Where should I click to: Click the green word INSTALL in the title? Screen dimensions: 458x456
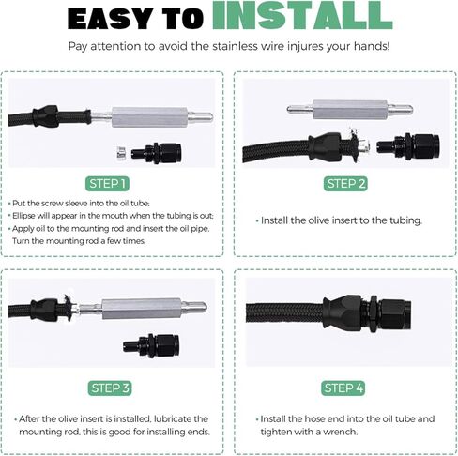(x=302, y=15)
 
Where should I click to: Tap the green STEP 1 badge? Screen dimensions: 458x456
(x=107, y=184)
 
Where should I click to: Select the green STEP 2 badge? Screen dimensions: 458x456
(x=345, y=184)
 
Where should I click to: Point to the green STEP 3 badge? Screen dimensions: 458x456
(x=110, y=388)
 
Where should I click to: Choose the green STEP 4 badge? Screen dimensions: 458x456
(x=343, y=388)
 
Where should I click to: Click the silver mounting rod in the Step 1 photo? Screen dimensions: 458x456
(x=152, y=117)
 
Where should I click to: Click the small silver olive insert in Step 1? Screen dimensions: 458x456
(x=120, y=154)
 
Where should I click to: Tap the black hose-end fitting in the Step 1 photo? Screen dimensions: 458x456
(x=157, y=153)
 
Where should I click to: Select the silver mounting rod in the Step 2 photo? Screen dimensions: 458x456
(x=350, y=110)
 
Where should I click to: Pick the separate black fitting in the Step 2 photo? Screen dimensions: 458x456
(x=408, y=146)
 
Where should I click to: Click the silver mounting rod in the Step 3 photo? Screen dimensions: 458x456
(x=143, y=309)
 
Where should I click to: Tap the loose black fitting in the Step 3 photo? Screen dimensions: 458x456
(x=151, y=345)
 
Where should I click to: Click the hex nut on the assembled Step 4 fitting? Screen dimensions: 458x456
(x=374, y=314)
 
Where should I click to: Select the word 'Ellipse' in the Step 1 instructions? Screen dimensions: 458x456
(x=23, y=216)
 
